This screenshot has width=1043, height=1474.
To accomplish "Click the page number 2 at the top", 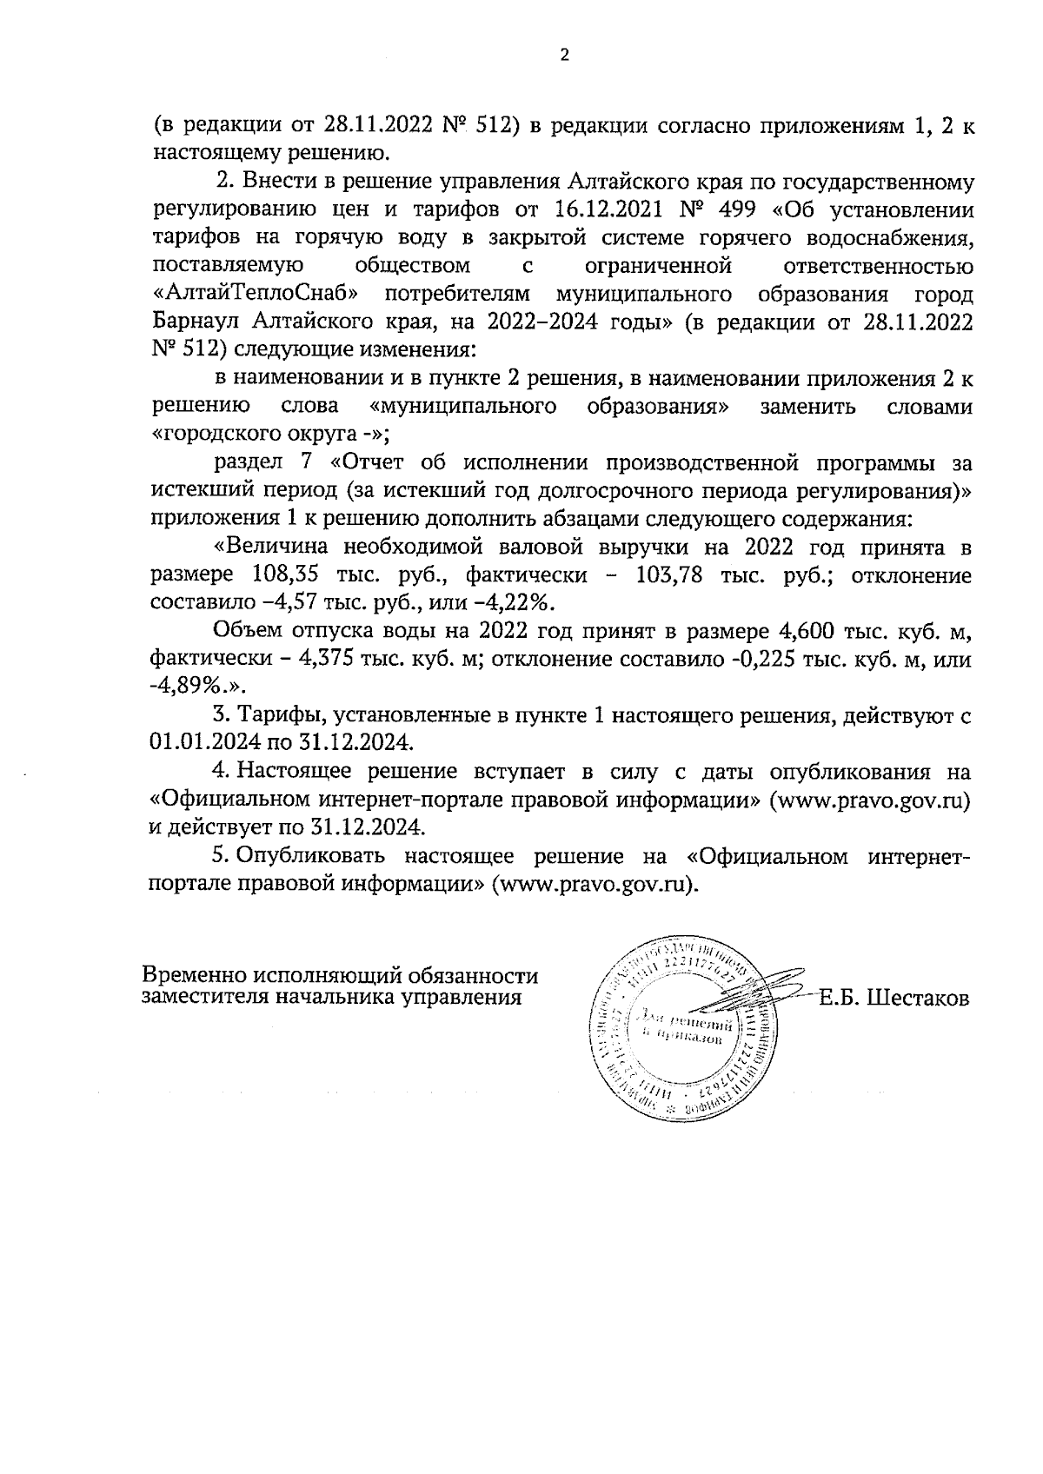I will pos(565,56).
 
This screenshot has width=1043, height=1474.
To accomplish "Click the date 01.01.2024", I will pos(196,743).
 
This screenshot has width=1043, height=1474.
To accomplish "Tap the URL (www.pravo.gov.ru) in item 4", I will pos(870,800).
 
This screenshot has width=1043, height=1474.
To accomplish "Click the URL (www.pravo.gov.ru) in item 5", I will pos(595,884).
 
